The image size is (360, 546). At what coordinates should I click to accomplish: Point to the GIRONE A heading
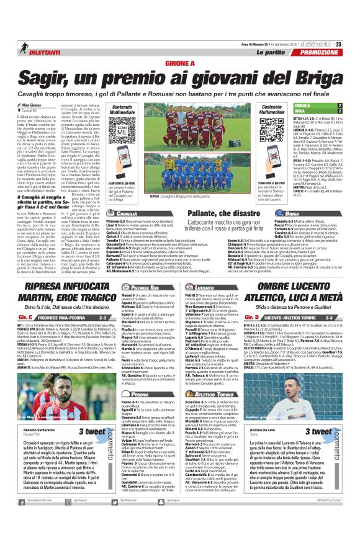[x=179, y=62]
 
